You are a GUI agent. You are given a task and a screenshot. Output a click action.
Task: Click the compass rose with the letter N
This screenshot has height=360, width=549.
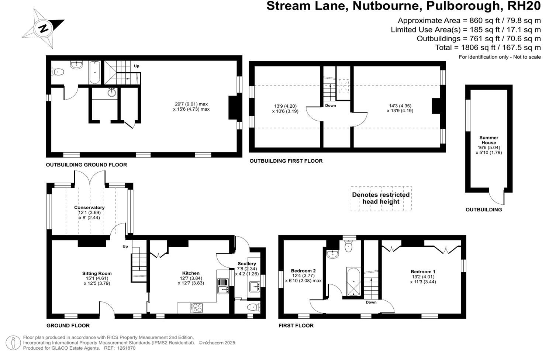44,28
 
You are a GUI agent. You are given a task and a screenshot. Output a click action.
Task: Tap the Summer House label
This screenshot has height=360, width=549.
488,140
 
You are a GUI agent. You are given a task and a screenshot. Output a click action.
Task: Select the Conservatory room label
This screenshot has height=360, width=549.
89,208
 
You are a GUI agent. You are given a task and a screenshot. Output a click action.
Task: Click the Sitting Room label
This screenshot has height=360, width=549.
97,274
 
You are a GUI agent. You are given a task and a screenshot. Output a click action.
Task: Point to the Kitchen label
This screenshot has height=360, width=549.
191,273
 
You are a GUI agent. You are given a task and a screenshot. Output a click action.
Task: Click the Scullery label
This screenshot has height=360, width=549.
247,264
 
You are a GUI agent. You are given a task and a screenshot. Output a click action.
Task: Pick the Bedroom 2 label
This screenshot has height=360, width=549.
303,271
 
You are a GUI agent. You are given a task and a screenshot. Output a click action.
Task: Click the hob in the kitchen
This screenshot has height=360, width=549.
197,308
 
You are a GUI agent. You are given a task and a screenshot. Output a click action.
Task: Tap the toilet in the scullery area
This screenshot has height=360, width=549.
254,307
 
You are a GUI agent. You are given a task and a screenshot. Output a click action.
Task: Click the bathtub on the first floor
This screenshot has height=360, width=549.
353,282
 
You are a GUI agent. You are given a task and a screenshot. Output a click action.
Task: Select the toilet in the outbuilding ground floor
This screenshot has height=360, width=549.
58,72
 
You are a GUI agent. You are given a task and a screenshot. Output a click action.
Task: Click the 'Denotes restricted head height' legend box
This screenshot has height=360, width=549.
381,198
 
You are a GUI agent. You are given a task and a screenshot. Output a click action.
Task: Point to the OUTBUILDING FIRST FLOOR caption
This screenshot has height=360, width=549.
286,161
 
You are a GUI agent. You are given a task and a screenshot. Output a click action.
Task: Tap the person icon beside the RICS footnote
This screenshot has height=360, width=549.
13,343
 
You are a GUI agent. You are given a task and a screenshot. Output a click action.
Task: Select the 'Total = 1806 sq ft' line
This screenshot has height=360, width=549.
488,48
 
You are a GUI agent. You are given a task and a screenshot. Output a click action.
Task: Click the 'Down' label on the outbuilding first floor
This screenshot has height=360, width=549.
331,105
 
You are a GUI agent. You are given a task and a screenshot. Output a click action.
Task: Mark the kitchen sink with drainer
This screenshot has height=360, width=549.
223,286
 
